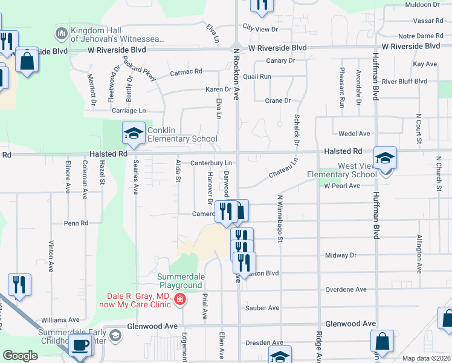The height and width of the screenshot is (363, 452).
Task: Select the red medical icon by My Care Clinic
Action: (179, 299)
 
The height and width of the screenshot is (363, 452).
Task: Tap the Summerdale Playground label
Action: (179, 281)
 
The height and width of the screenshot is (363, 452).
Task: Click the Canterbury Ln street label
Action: (211, 163)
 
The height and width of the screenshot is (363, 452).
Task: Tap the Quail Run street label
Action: (257, 77)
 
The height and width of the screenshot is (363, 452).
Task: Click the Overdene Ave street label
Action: (346, 289)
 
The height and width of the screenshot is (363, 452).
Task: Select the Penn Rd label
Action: (76, 223)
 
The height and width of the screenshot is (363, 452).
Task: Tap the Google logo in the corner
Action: (20, 356)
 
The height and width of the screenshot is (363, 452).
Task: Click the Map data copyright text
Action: (426, 358)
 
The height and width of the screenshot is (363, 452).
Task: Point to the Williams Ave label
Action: (60, 319)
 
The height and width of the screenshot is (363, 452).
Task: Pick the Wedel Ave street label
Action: (355, 134)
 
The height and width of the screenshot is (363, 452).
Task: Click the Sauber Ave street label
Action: (262, 308)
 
